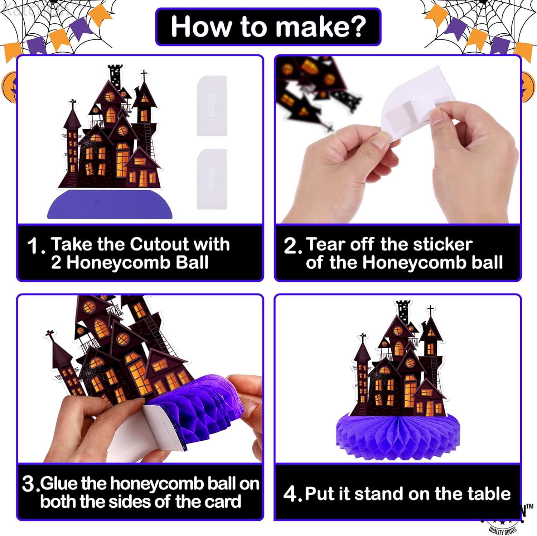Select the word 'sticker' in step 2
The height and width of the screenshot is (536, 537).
(x=442, y=245)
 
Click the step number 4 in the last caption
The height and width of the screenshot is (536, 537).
(x=290, y=494)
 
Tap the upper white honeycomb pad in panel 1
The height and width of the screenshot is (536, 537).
(x=212, y=106)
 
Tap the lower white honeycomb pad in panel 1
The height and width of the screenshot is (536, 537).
(x=212, y=179)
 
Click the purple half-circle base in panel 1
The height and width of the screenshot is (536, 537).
(x=110, y=205)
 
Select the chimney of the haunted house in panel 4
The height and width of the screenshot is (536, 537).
(x=403, y=310)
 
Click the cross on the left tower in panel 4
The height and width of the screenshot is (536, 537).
(x=362, y=338)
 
